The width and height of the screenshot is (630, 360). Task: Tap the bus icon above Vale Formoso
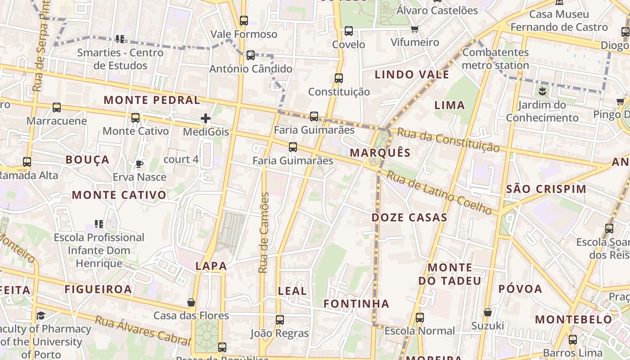point(243,21)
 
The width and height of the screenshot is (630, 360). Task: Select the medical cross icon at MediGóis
point(206,119)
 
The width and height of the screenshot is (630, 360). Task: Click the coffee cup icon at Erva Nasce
point(139,164)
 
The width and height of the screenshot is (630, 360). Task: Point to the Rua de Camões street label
point(264,233)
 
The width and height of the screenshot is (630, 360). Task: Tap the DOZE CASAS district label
point(409,218)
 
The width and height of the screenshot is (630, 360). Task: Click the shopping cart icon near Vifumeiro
point(414,29)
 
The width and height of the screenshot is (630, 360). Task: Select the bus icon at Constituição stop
point(339,78)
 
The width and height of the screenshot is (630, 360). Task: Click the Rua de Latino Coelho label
point(439,192)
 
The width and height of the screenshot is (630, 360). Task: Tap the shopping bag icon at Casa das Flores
point(191,302)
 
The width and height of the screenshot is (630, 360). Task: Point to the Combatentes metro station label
point(495,58)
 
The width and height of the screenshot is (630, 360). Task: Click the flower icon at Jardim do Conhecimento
point(542,92)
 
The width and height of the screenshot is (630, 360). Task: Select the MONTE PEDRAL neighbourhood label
point(152,100)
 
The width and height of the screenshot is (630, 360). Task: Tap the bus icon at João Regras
point(279,320)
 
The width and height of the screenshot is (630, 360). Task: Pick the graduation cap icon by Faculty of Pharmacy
point(41,315)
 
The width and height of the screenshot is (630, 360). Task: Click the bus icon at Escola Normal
point(419,318)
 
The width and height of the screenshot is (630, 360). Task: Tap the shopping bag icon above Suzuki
point(488,312)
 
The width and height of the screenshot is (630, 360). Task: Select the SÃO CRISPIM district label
point(546,189)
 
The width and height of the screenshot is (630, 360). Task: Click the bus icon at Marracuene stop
point(57,108)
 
